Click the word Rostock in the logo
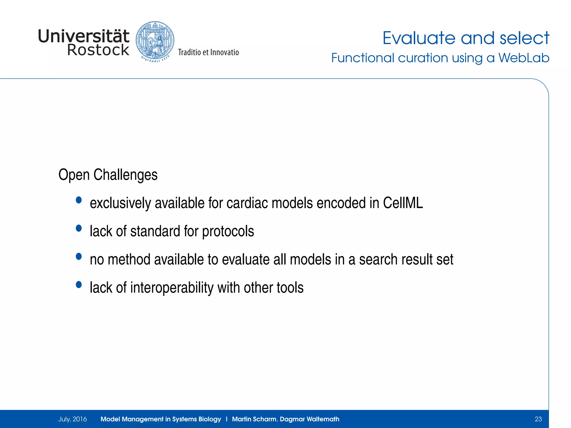click(98, 50)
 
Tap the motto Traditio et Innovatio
click(208, 52)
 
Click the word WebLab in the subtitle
click(524, 58)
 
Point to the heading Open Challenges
click(108, 175)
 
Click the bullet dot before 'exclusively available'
click(79, 200)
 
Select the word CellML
click(403, 203)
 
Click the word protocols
click(228, 231)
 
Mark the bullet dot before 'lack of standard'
click(79, 228)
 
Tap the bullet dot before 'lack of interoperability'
click(79, 284)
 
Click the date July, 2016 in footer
click(72, 419)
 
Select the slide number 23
click(538, 419)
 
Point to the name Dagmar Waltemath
click(309, 419)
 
